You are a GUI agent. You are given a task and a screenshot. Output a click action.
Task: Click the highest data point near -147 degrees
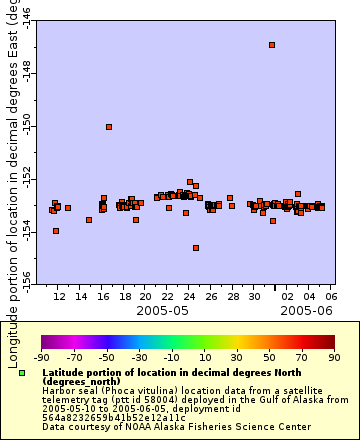click(x=272, y=45)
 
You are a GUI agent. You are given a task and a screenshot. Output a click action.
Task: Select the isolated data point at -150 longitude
click(x=109, y=127)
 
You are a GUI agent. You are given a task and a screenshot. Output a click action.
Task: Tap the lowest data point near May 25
click(x=196, y=248)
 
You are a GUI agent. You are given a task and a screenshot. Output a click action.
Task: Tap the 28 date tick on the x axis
click(x=231, y=296)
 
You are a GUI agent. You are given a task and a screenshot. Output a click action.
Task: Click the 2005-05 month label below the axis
click(x=165, y=310)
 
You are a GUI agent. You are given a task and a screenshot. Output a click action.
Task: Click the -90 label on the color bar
click(x=41, y=357)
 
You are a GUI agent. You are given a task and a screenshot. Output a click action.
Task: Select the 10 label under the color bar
click(x=204, y=357)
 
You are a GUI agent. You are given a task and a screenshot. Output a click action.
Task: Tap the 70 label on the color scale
click(x=302, y=357)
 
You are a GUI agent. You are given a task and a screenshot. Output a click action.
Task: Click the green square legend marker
click(x=22, y=373)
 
